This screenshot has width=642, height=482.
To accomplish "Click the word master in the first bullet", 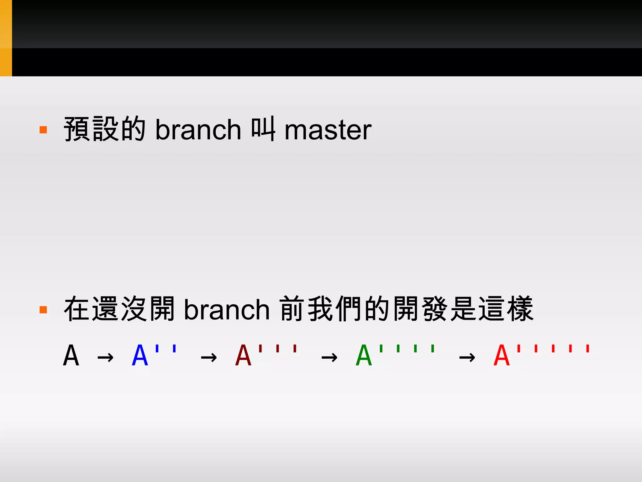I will click(328, 130).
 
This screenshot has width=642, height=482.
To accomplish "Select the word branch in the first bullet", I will click(198, 130).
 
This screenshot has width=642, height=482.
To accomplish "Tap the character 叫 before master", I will click(263, 129).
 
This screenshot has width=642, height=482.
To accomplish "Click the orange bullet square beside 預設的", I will click(43, 130).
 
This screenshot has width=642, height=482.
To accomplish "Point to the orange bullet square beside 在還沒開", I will click(43, 310).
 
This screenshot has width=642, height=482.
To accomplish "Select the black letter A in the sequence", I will click(71, 356).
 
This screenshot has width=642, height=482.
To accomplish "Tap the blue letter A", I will click(140, 356).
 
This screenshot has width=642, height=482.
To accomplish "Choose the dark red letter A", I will click(243, 356).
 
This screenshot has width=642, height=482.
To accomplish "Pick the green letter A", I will click(364, 356).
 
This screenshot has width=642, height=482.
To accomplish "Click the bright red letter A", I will click(502, 356).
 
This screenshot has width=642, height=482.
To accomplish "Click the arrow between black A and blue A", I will click(105, 357).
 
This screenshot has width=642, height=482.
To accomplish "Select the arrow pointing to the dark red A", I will click(209, 357).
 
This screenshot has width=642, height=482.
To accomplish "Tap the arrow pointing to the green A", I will click(329, 357).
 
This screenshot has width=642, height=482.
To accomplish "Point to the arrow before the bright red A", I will click(467, 357).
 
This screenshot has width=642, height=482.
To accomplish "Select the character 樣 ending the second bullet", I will click(521, 309).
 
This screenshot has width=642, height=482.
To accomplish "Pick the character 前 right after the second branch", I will click(292, 309).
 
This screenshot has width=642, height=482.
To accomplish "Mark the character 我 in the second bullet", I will click(320, 309).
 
